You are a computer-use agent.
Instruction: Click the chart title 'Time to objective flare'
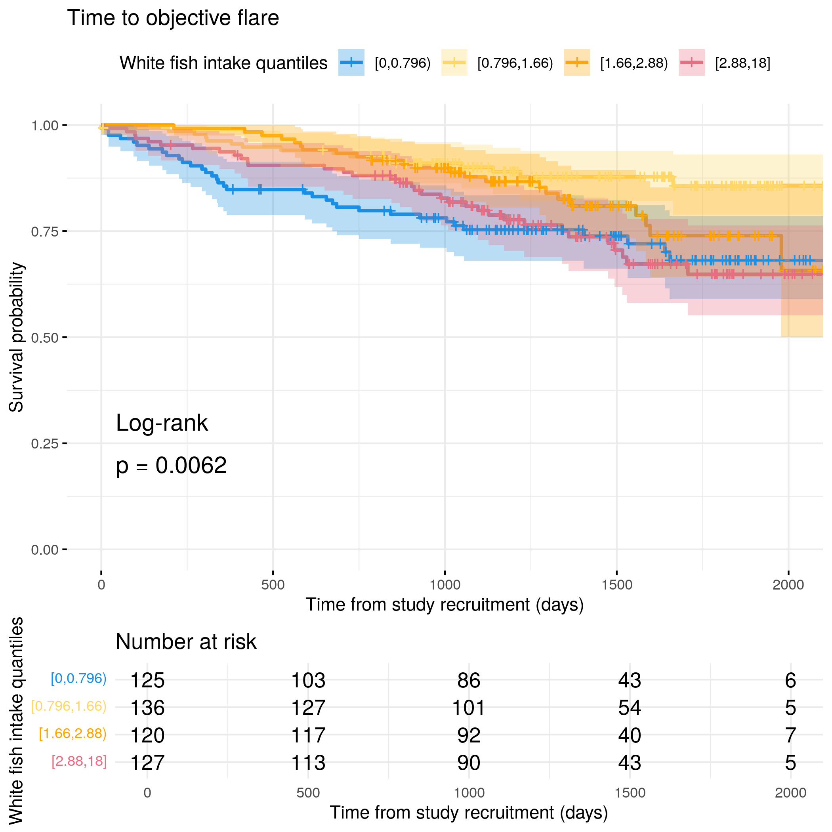click(173, 18)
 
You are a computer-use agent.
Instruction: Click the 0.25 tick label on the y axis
click(45, 444)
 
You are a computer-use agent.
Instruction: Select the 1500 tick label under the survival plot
click(617, 585)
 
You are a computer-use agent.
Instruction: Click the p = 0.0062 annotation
click(171, 466)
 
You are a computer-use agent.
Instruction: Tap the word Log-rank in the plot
click(162, 423)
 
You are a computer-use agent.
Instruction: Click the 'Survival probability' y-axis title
click(16, 337)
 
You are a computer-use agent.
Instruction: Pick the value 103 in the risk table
click(308, 681)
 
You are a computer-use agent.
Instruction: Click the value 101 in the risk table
click(469, 708)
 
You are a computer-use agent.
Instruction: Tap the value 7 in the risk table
click(790, 735)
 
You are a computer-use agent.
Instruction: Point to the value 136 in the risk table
click(147, 708)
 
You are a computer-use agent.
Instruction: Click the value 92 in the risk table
click(469, 735)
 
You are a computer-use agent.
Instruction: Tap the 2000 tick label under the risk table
click(790, 793)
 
